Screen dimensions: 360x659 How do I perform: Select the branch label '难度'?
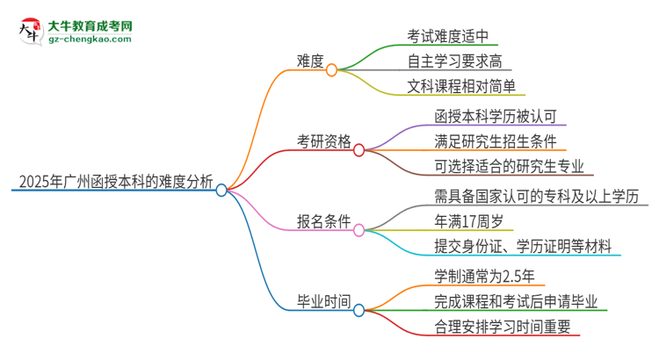point(310,61)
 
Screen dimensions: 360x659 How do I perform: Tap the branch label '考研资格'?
point(324,141)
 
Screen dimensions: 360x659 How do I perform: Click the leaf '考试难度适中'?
point(453,37)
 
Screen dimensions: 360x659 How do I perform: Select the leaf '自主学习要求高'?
point(460,61)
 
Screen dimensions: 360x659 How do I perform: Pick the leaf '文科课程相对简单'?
point(467,86)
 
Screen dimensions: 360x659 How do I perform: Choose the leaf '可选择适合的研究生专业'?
point(509,166)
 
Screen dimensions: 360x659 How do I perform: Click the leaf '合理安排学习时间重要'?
point(502,326)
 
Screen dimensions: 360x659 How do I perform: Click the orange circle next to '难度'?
point(332,69)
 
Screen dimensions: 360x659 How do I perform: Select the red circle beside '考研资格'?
point(359,150)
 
